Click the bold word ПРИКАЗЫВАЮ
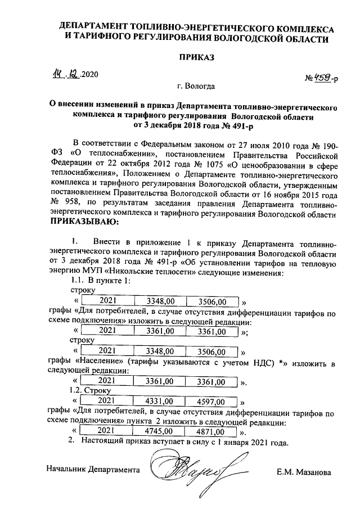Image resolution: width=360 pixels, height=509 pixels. pos(85,223)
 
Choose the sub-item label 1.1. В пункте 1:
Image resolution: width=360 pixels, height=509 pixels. pos(100,281)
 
